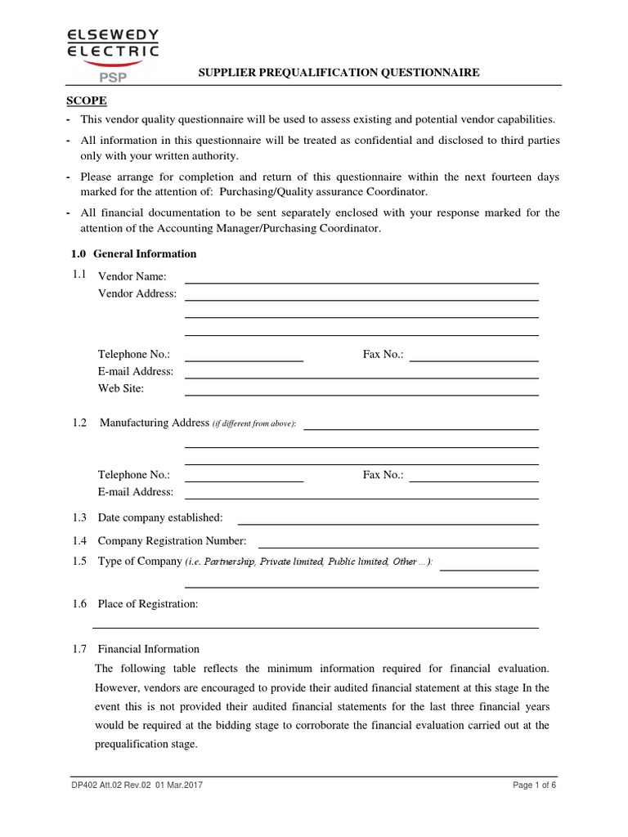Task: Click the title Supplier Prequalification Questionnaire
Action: pos(339,73)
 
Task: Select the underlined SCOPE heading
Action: pos(86,101)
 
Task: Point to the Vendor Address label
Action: pos(137,293)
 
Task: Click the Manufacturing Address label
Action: pos(155,423)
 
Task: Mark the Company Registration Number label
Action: pos(172,540)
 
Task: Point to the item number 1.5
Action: pos(78,561)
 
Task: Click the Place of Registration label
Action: pos(148,604)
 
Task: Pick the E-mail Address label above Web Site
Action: pos(136,371)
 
